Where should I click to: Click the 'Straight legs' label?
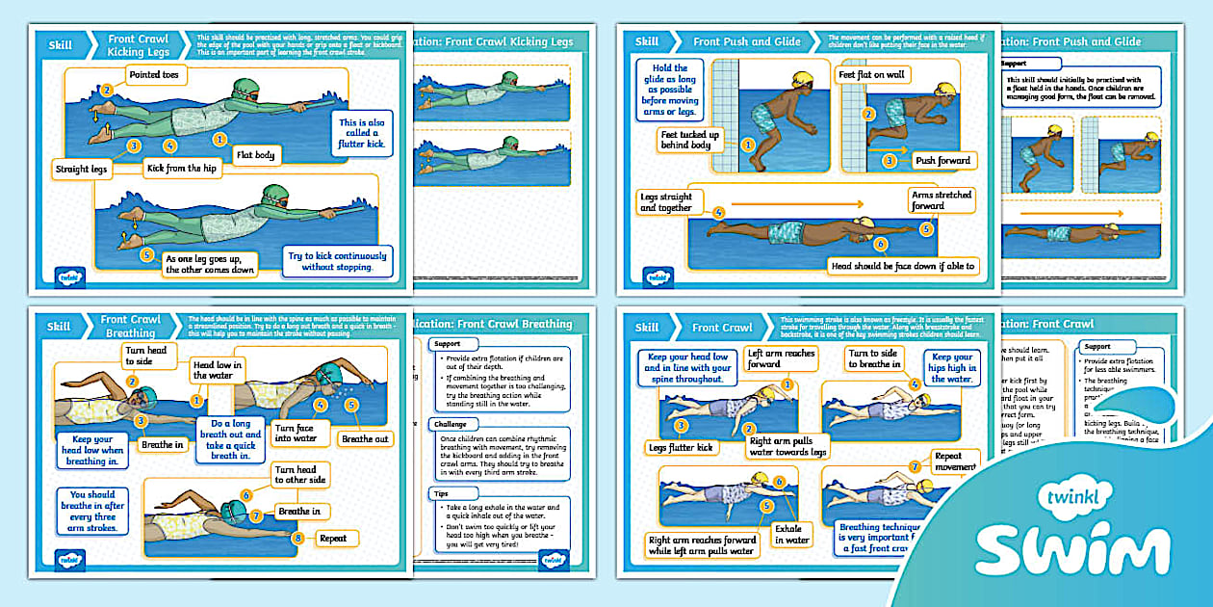point(82,169)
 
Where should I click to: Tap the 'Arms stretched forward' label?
point(941,199)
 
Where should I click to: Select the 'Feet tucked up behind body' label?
point(689,140)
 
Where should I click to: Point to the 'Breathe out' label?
point(365,438)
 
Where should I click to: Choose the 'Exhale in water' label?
point(792,534)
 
